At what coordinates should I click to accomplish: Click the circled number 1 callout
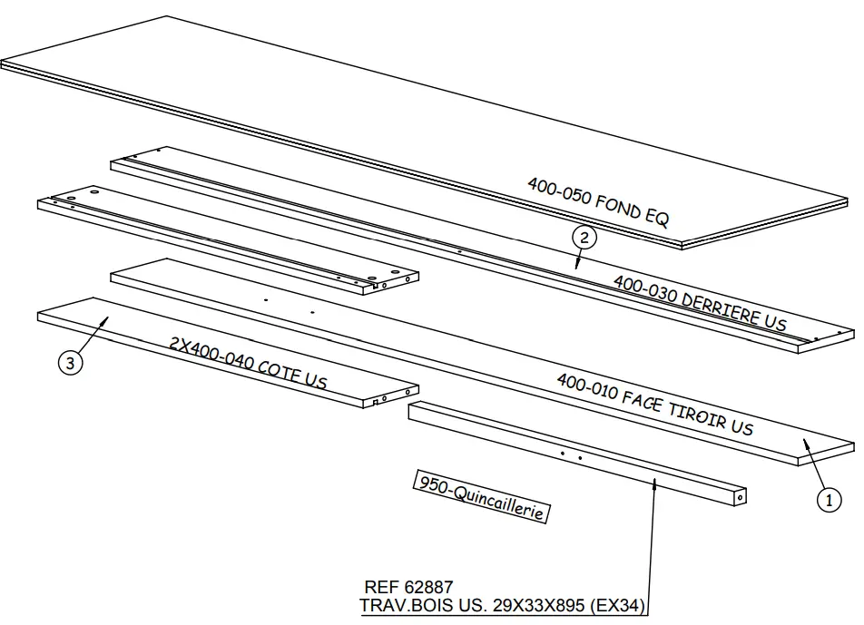[828, 498]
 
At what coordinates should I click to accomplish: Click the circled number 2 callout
[584, 239]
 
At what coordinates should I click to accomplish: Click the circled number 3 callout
[71, 364]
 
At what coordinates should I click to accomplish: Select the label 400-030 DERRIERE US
[700, 303]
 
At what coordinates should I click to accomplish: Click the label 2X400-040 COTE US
[248, 362]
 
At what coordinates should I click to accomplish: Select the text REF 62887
[408, 588]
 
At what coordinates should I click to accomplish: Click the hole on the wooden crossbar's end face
[741, 497]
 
